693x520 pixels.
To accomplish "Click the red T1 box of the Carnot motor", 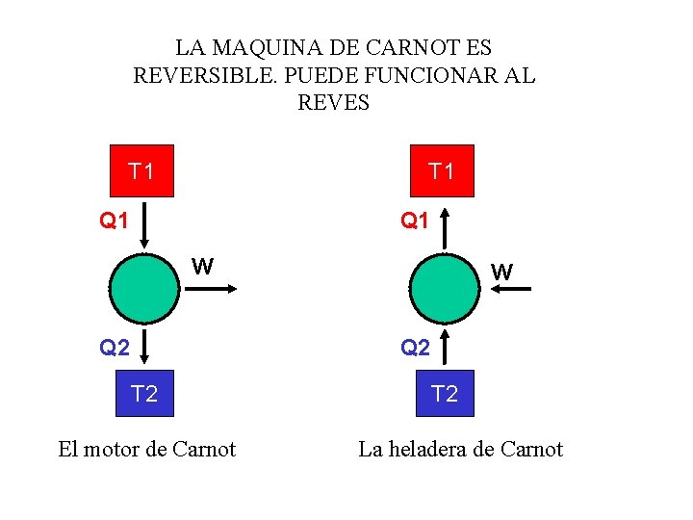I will pyautogui.click(x=142, y=171).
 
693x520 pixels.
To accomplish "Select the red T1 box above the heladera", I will pyautogui.click(x=443, y=171).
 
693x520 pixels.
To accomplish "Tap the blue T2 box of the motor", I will pyautogui.click(x=144, y=393).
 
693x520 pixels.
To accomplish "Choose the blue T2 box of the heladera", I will pyautogui.click(x=445, y=393).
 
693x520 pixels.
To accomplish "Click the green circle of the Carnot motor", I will pyautogui.click(x=142, y=288).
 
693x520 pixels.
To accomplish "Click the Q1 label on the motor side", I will pyautogui.click(x=115, y=221).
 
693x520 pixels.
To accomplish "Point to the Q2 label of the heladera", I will pyautogui.click(x=415, y=348).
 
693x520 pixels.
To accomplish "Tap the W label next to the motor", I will pyautogui.click(x=202, y=266).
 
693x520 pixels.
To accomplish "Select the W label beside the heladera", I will pyautogui.click(x=501, y=272).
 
